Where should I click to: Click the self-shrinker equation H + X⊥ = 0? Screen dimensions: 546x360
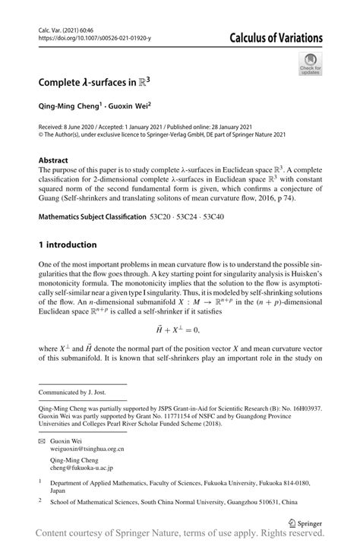[x=180, y=330]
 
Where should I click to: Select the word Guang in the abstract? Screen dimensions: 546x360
[x=49, y=199]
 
